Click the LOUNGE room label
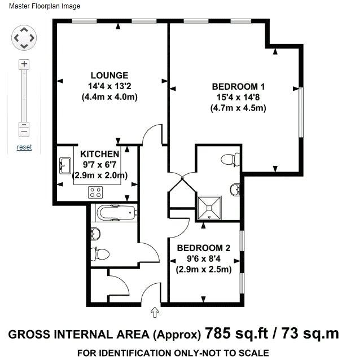[109, 76]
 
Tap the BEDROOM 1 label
[238, 86]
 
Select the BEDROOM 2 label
[204, 248]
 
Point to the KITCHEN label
[100, 154]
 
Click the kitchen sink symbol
[65, 166]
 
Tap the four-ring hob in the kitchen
[95, 192]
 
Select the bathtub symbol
[116, 213]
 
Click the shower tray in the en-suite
[209, 208]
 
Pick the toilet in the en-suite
[230, 160]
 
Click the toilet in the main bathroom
[100, 254]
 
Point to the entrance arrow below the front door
[155, 312]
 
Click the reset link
[24, 147]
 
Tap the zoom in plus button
[24, 64]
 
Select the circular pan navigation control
[24, 38]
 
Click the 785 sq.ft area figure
[236, 333]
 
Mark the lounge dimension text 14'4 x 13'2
[109, 86]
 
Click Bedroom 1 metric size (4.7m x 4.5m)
[238, 108]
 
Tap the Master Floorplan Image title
[45, 6]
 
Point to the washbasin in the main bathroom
[95, 234]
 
